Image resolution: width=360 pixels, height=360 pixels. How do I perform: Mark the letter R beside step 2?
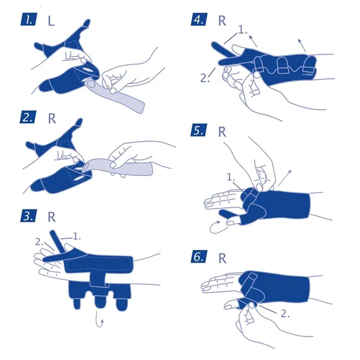pyautogui.click(x=52, y=117)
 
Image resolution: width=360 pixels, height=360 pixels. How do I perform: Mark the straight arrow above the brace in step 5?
pyautogui.click(x=285, y=175)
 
